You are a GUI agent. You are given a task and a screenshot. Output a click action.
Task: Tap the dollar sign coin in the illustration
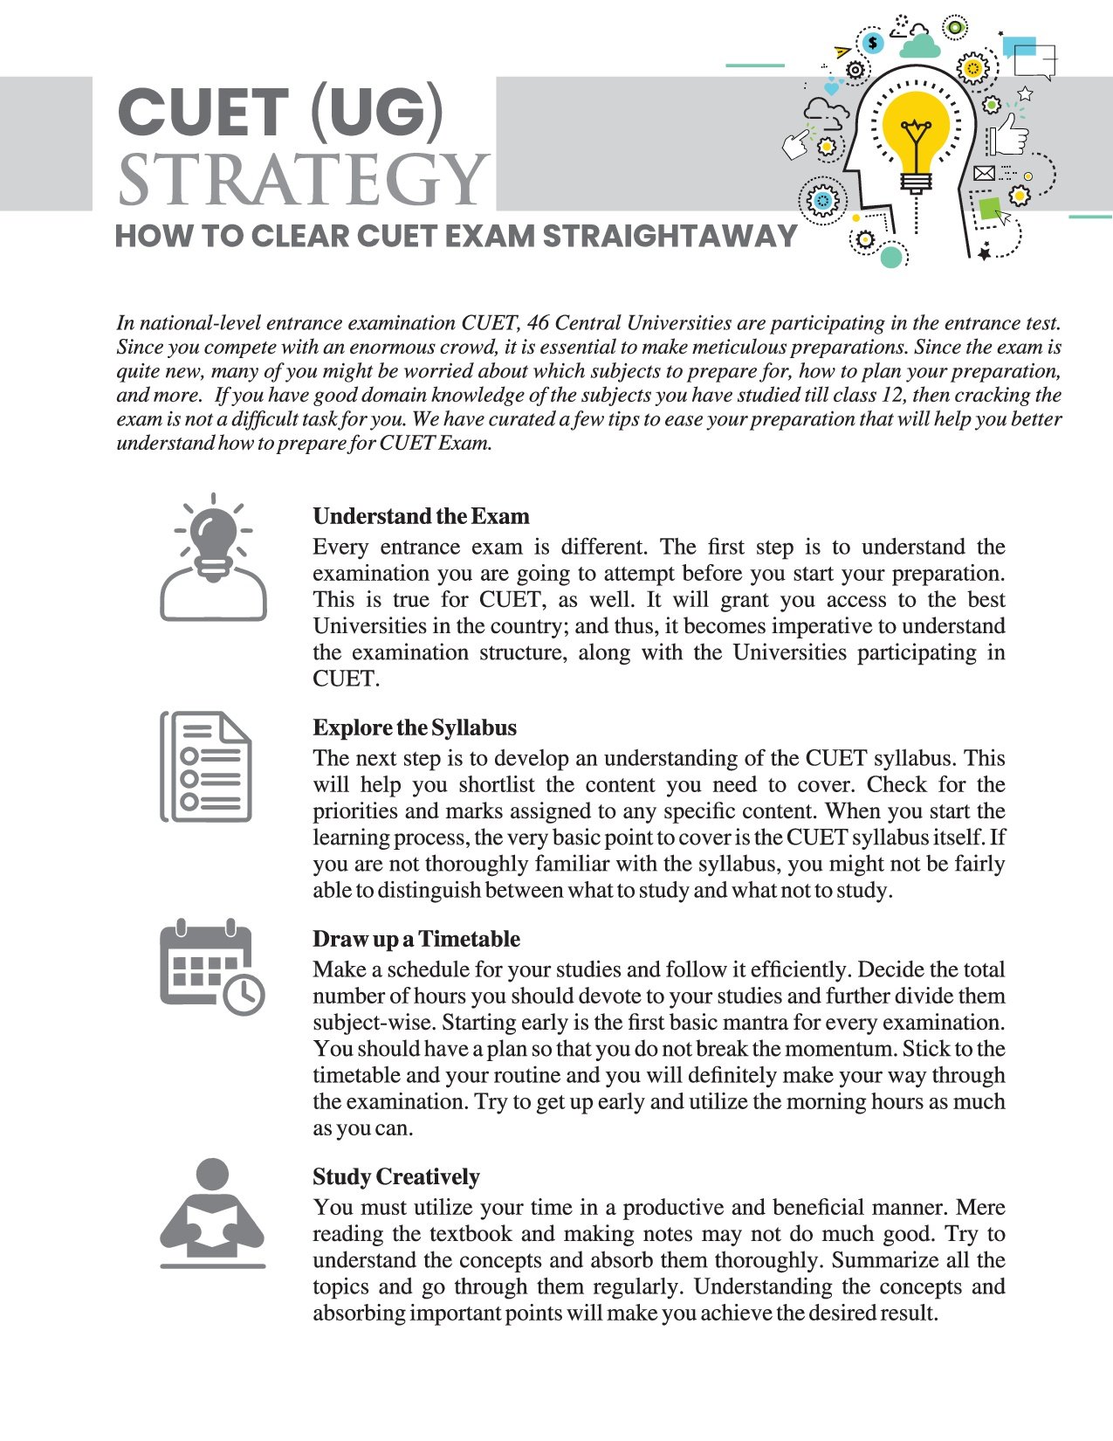pyautogui.click(x=872, y=41)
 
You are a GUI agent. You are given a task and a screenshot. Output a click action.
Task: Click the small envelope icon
pyautogui.click(x=984, y=173)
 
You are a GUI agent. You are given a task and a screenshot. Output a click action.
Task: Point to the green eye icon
pyautogui.click(x=956, y=27)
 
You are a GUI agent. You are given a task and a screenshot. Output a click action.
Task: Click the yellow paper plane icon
pyautogui.click(x=842, y=52)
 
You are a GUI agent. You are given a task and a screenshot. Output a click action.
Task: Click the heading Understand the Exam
pyautogui.click(x=421, y=516)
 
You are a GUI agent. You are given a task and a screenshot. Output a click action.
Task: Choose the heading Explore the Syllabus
pyautogui.click(x=415, y=727)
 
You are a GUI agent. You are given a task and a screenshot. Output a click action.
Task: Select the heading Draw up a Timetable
pyautogui.click(x=416, y=939)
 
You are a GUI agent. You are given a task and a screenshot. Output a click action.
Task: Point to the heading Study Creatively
pyautogui.click(x=396, y=1176)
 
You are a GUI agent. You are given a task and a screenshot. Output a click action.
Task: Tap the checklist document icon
pyautogui.click(x=207, y=767)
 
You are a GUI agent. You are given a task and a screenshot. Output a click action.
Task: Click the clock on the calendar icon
pyautogui.click(x=244, y=994)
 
